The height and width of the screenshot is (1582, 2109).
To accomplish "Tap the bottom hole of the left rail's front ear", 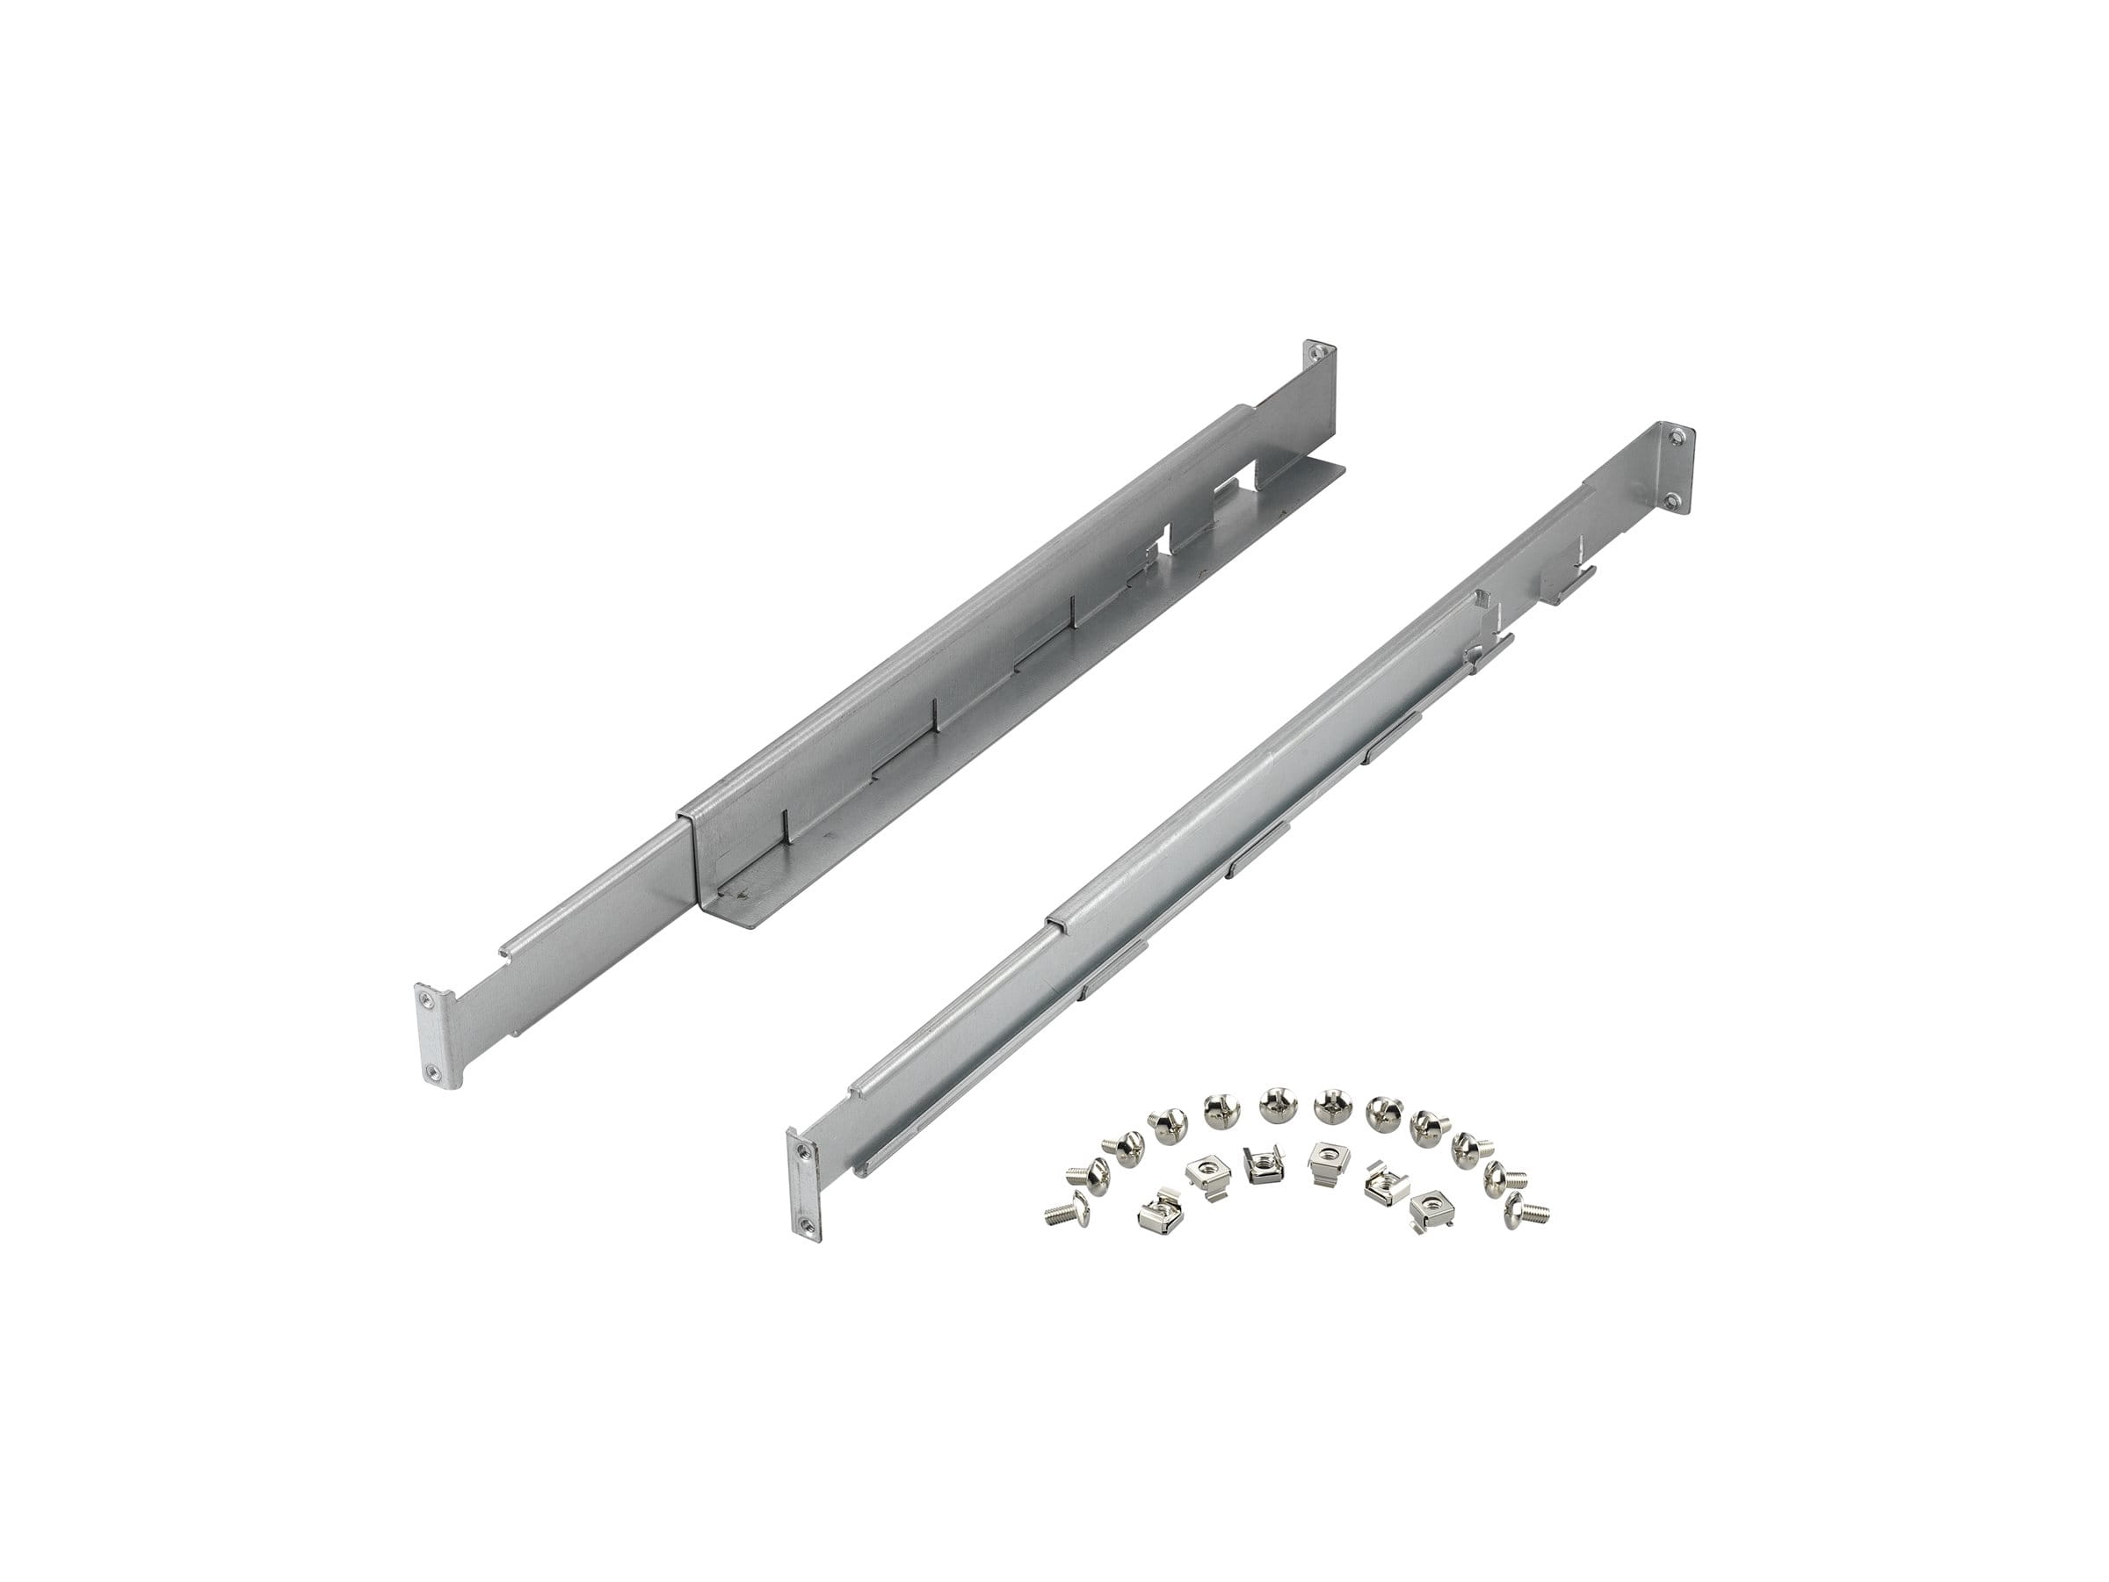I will tap(435, 1073).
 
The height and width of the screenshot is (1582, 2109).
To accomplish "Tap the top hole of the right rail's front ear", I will tap(798, 1152).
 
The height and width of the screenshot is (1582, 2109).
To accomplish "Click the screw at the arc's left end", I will tap(1065, 1208).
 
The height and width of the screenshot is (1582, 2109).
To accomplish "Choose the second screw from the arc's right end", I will tap(1504, 1173).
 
